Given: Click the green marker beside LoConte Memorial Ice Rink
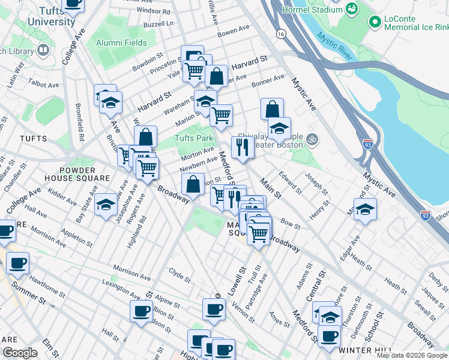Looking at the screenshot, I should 376,22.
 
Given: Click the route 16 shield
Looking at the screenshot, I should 281,35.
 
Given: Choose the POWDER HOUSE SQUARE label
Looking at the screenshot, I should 77,173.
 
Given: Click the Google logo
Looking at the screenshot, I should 20,352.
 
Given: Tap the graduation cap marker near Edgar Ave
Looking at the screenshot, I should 365,209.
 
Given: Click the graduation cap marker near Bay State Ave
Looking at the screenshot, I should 106,205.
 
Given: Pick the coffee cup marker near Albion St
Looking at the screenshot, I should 142,311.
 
